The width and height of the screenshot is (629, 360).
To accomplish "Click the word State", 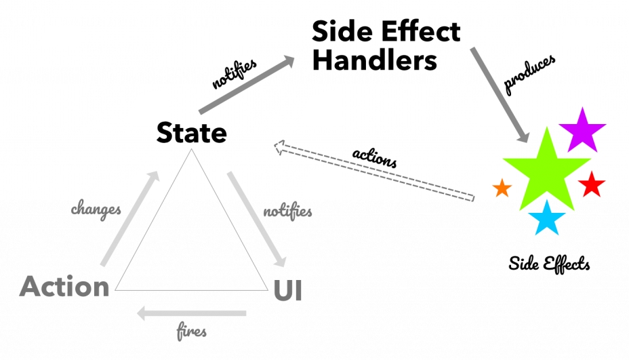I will (192, 132).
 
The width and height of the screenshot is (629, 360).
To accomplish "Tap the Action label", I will (64, 287).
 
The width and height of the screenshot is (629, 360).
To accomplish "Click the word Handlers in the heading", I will (374, 60).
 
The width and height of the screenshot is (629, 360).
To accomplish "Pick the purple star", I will (582, 129).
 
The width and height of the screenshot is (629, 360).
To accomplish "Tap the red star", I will (592, 184).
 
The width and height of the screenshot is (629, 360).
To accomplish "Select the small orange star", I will (502, 188).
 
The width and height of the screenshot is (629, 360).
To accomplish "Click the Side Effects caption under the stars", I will (549, 263).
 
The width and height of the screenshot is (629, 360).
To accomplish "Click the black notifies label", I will (234, 75).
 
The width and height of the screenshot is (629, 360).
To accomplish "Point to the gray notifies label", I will (287, 211).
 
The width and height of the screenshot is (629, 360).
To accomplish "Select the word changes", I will (96, 209).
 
